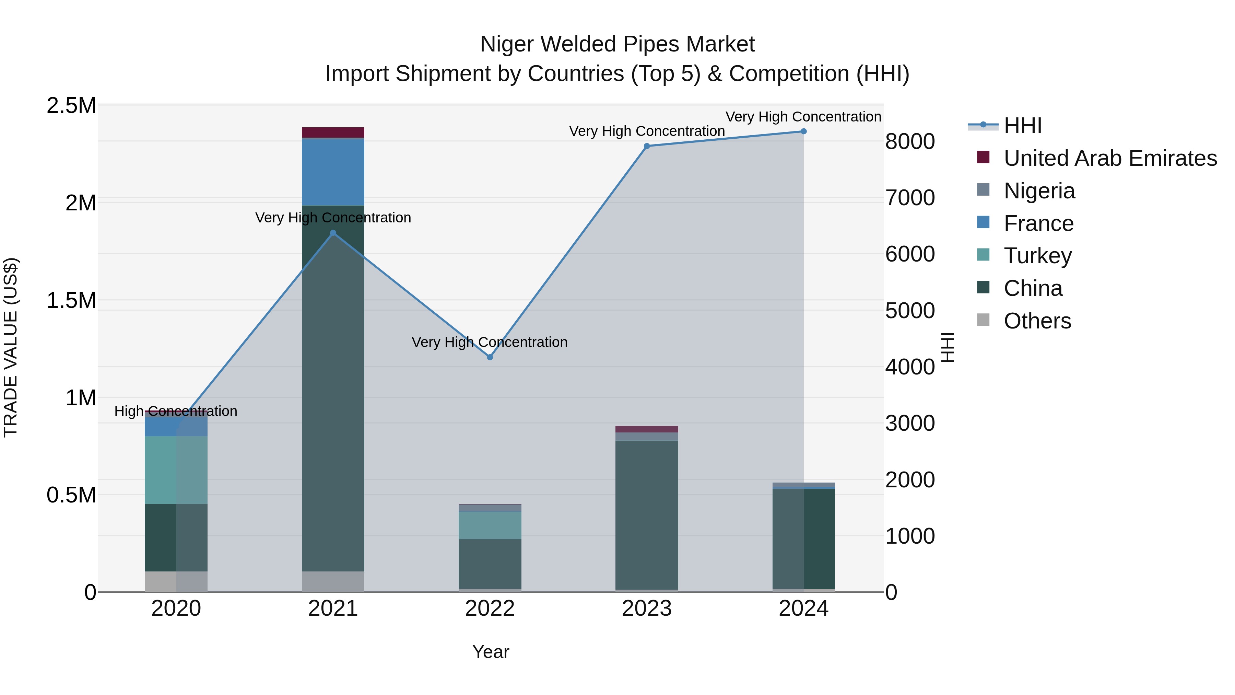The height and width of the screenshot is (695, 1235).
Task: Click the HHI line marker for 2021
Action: point(333,233)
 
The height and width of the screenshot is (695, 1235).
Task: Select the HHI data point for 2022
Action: point(490,357)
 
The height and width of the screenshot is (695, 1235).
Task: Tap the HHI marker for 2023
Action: point(647,146)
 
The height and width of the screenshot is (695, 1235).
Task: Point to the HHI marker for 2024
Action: point(803,131)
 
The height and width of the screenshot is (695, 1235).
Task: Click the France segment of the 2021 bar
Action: point(333,172)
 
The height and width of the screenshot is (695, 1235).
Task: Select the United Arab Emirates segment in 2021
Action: point(333,132)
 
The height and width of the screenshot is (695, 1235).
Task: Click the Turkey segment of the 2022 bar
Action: point(490,525)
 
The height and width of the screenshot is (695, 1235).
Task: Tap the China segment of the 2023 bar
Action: point(647,513)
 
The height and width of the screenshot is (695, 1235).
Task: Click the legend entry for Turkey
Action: point(1037,256)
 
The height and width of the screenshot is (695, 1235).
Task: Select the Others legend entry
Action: point(1037,321)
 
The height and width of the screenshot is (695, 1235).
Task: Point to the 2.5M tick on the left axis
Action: point(71,105)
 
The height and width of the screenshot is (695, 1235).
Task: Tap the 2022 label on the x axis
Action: point(490,609)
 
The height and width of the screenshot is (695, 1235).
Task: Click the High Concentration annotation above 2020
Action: point(175,411)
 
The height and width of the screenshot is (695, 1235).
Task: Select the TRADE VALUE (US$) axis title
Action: point(11,347)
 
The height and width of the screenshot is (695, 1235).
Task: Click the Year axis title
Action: point(491,652)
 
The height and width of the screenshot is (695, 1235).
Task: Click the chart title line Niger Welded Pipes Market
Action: point(617,44)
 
